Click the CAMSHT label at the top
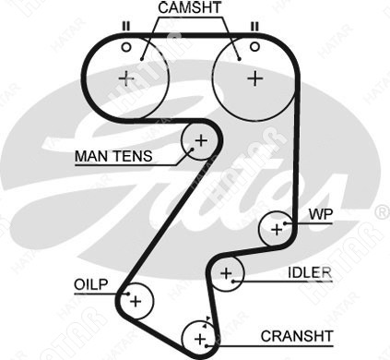pos(190,8)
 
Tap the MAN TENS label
pos(113,156)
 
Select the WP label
pos(321,214)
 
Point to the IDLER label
pos(310,272)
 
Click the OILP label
pos(91,284)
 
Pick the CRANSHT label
pos(297,336)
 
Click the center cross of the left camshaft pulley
pos(126,78)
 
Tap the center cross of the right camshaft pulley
pos(255,78)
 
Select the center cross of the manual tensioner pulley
pos(201,141)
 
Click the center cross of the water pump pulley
pos(277,230)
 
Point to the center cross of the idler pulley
pos(226,273)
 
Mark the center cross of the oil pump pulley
pos(136,301)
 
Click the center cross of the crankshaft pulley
pos(200,339)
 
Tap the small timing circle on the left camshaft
pos(126,47)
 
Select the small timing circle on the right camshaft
pos(254,47)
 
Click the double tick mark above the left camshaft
pos(125,26)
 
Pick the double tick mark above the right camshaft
pos(254,26)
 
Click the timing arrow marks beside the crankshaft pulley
pos(207,322)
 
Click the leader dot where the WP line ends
pos(286,223)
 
